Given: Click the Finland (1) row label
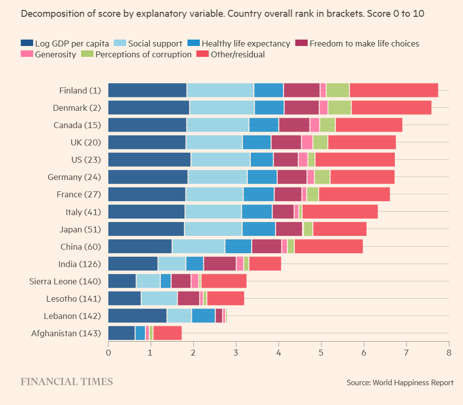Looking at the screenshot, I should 80,90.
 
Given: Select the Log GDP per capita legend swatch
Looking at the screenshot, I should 27,44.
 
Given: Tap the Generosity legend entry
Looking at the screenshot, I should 48,54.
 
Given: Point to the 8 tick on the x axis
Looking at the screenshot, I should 449,353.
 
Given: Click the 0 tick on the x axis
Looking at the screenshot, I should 108,353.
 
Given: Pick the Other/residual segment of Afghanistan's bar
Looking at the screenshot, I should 168,333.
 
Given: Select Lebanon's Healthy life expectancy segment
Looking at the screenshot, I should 203,316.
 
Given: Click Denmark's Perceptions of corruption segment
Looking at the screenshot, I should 339,108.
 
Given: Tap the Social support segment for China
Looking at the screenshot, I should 198,246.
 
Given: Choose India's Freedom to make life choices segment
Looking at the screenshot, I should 220,264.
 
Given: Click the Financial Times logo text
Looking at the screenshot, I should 66,382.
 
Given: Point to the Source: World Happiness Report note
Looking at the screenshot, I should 400,382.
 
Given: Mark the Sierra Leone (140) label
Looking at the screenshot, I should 66,281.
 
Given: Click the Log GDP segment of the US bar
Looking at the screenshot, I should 149,160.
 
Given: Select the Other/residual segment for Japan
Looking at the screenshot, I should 339,229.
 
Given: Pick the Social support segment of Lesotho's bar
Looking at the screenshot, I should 159,299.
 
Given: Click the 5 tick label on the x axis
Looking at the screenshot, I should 321,353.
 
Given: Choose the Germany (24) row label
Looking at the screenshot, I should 74,177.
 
